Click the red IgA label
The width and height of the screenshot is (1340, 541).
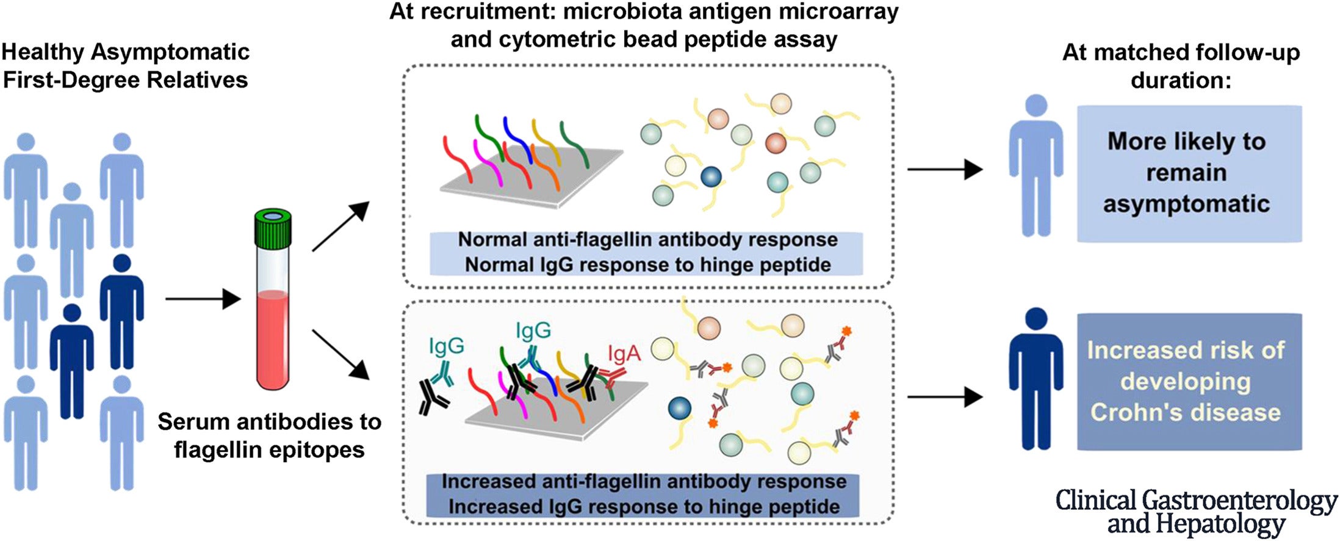click(x=624, y=354)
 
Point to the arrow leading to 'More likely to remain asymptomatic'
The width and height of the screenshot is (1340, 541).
click(x=945, y=169)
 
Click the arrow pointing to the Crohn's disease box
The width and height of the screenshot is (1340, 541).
click(x=945, y=398)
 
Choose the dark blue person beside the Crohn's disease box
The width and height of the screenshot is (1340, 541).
click(x=1036, y=379)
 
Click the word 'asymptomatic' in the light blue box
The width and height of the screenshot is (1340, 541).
click(x=1186, y=204)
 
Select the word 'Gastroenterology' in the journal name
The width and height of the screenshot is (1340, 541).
click(x=1239, y=501)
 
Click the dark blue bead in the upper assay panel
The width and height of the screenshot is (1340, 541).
click(x=711, y=177)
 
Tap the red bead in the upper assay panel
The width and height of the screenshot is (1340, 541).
click(x=776, y=143)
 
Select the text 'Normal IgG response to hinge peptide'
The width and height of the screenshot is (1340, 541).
click(x=647, y=265)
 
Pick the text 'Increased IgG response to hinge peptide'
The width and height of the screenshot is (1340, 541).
click(x=644, y=507)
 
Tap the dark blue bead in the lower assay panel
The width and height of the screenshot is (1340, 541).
click(x=679, y=407)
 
